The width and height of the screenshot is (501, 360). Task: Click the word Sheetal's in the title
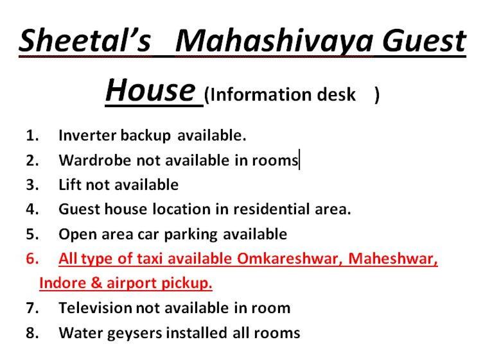(x=84, y=40)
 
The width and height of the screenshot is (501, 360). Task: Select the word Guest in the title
(x=425, y=40)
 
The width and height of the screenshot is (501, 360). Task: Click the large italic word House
(x=150, y=90)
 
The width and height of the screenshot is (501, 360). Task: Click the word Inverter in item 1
(x=87, y=135)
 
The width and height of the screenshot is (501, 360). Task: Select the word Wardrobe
(x=94, y=160)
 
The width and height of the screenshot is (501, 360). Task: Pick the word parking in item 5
(x=191, y=235)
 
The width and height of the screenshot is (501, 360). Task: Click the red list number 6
(x=32, y=259)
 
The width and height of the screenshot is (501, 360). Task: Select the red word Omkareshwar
(x=290, y=259)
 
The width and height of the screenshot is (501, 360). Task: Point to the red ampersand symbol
(x=96, y=283)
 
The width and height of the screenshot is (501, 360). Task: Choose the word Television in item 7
(x=95, y=308)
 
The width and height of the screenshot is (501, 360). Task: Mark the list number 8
(x=32, y=333)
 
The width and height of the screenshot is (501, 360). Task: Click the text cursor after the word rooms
(x=299, y=160)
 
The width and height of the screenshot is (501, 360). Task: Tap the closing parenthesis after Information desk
(x=377, y=95)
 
